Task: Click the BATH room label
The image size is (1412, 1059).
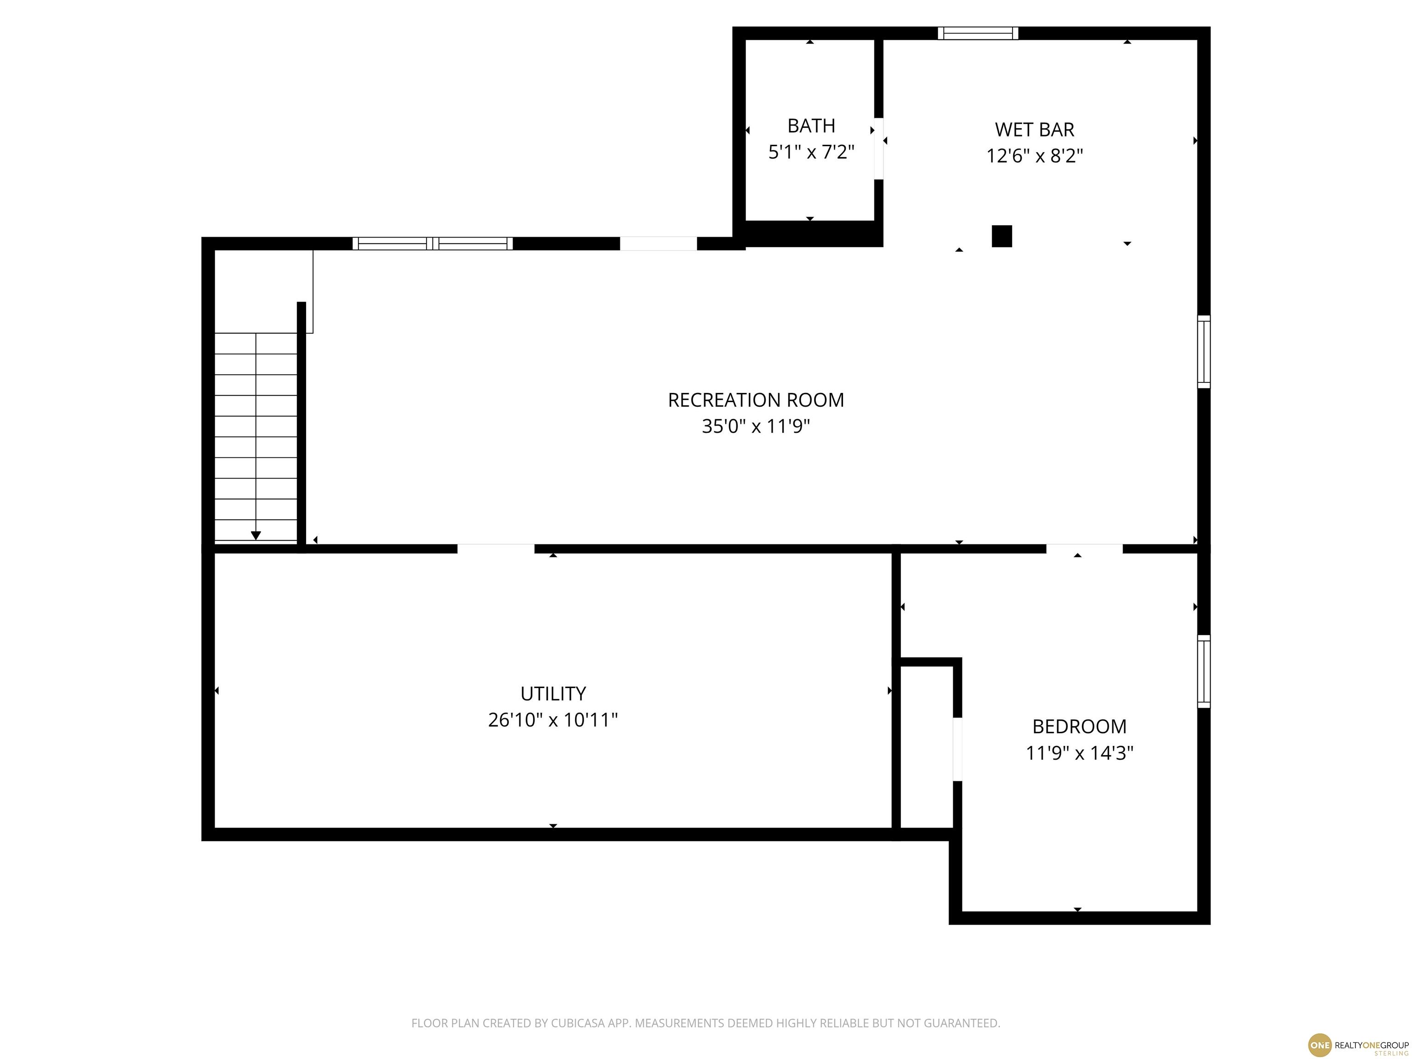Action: [x=811, y=126]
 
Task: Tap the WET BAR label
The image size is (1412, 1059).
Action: [x=1034, y=130]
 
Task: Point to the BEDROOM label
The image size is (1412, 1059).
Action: [x=1079, y=726]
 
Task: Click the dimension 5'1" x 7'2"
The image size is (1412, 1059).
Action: [x=811, y=152]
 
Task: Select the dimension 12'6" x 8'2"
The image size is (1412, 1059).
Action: [x=1034, y=156]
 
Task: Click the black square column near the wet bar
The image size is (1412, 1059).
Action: [x=1002, y=236]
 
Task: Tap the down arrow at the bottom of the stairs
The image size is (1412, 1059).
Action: [x=256, y=535]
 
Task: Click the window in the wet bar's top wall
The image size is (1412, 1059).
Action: [x=978, y=33]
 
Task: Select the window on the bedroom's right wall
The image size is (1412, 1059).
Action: [x=1203, y=671]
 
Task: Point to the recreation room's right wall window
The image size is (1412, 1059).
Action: [x=1203, y=351]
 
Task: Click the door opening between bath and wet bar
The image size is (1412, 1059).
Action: [x=879, y=149]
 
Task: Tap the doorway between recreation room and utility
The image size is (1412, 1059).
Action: [x=496, y=549]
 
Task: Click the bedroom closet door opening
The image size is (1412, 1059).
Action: [x=957, y=749]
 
